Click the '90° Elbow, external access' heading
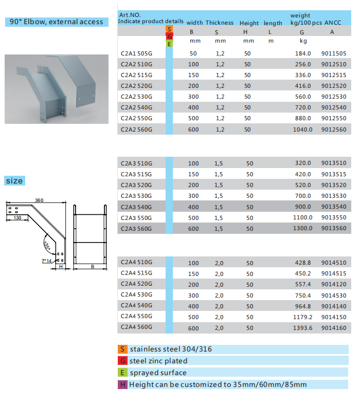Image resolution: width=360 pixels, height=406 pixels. [56, 22]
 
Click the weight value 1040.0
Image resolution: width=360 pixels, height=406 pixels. [303, 130]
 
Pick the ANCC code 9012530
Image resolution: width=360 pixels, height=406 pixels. [334, 97]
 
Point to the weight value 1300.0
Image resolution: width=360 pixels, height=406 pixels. [303, 228]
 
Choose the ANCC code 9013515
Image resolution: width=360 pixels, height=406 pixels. [334, 174]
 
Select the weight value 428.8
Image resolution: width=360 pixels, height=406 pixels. [303, 262]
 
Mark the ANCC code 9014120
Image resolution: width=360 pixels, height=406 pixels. [334, 284]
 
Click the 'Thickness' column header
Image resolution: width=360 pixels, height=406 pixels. [220, 23]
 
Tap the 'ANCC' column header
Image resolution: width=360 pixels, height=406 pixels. [332, 23]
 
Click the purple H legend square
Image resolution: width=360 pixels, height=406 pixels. [122, 384]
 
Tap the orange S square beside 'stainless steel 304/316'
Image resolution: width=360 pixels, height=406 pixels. [122, 349]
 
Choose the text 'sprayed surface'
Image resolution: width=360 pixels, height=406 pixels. [158, 373]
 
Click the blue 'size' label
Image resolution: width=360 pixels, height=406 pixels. [14, 181]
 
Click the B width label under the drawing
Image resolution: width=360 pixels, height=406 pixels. [92, 267]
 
